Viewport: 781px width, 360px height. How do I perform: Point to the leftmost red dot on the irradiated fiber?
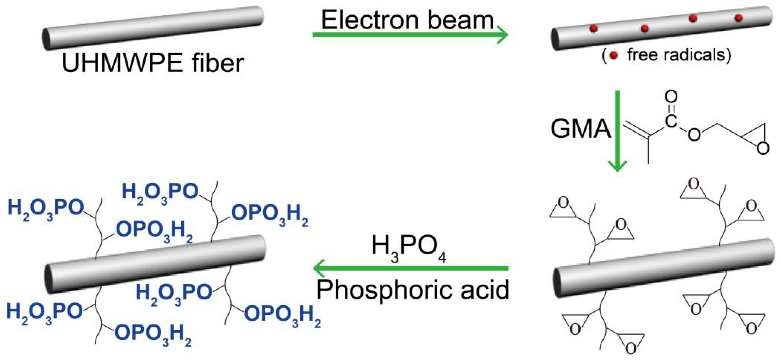593,28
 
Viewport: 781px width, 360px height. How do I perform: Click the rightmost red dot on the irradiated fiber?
739,18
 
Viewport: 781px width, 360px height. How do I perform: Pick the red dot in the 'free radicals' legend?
614,55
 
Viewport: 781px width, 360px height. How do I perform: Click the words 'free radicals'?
679,55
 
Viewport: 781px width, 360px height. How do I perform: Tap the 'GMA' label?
580,129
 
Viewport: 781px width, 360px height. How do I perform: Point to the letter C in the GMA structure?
671,121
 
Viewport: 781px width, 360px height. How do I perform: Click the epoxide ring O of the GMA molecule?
763,148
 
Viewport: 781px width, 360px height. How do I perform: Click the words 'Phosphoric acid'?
413,289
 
